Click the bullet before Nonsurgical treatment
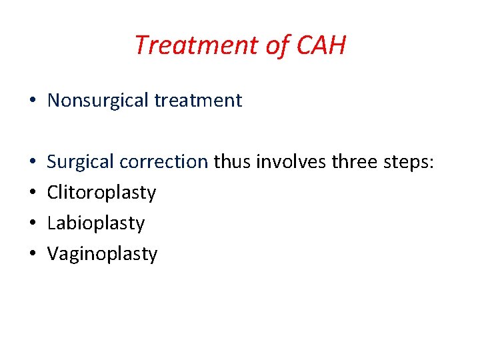point(33,101)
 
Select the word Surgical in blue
point(81,162)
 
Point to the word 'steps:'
point(408,162)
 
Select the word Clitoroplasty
point(102,193)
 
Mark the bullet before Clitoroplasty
point(33,193)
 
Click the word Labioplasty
point(96,223)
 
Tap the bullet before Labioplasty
point(33,224)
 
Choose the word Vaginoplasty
point(103,254)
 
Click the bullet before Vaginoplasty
point(33,255)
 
